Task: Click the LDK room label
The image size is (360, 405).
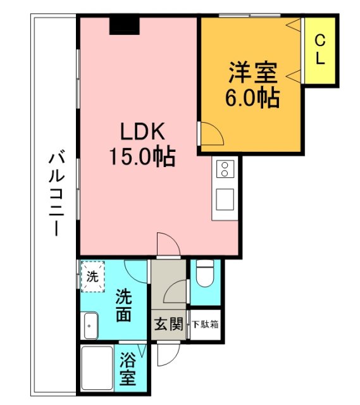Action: pos(144,132)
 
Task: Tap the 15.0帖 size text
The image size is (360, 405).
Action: pos(144,156)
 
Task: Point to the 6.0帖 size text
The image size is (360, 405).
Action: pos(252,97)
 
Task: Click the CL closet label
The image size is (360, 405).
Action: pos(320,51)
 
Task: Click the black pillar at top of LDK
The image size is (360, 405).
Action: pos(123,25)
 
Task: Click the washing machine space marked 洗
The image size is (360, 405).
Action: pos(92,276)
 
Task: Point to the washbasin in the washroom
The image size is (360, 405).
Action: pos(90,327)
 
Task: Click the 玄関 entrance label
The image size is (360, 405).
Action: pos(168,325)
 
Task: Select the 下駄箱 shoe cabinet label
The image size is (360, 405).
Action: pos(205,325)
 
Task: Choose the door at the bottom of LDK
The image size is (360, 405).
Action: pos(167,245)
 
